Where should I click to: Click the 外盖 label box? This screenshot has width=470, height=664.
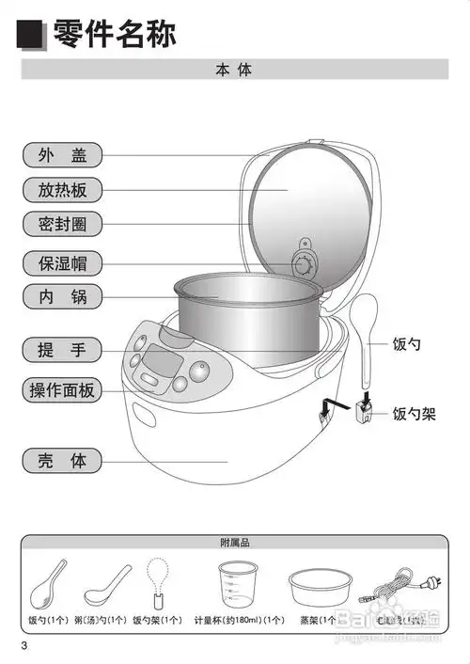pos(62,155)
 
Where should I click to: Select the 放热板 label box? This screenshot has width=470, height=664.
pos(62,190)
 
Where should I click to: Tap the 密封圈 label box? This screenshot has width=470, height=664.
pos(62,225)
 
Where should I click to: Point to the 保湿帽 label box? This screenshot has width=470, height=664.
pos(62,263)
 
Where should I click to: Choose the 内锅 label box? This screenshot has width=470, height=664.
pos(62,297)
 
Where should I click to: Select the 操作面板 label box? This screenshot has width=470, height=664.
pos(62,390)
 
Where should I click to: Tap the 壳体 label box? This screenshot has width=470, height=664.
pos(62,461)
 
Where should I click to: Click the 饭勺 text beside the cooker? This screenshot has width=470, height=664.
pos(407,345)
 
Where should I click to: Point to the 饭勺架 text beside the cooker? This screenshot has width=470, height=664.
pos(414,413)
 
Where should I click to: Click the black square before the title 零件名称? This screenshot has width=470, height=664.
pos(33,36)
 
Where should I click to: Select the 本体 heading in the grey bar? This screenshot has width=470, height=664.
pos(234,71)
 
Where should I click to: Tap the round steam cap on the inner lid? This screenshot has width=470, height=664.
pos(305,265)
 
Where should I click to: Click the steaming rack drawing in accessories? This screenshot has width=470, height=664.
pos(317,589)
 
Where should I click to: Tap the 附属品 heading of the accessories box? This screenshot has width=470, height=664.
pos(234,543)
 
